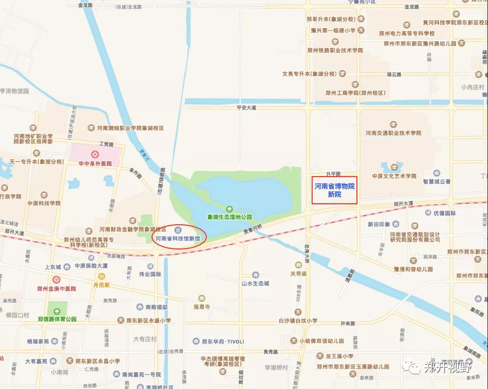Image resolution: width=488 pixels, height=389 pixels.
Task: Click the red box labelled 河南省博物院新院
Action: [x=335, y=190]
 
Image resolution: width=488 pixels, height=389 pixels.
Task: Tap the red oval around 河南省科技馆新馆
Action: [x=178, y=237]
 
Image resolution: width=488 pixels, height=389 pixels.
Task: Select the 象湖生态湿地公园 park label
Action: [x=229, y=217]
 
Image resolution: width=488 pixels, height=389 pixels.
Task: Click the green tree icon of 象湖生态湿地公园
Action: [x=229, y=209]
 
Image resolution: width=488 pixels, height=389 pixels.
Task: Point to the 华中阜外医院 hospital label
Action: [x=95, y=163]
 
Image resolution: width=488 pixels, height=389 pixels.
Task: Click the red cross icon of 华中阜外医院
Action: [x=95, y=154]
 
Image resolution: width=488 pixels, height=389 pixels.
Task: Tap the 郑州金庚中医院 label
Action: [x=57, y=289]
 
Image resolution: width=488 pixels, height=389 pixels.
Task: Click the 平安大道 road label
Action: [x=246, y=108]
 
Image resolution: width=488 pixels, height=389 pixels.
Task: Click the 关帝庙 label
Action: [x=298, y=274]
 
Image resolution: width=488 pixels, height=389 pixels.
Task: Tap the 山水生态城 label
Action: [x=255, y=283]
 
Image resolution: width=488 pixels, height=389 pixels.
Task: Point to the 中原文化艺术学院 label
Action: [x=394, y=176]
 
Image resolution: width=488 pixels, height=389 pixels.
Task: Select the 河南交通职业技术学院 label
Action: [x=394, y=133]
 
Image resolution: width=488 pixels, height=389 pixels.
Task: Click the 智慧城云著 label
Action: [x=437, y=181]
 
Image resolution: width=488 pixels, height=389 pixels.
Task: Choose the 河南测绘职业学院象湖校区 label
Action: [x=131, y=128]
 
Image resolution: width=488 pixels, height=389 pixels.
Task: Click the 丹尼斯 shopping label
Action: [x=101, y=285]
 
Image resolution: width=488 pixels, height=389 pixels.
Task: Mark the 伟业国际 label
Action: [x=150, y=274]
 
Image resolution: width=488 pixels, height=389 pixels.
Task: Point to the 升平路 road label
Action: [x=334, y=174]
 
